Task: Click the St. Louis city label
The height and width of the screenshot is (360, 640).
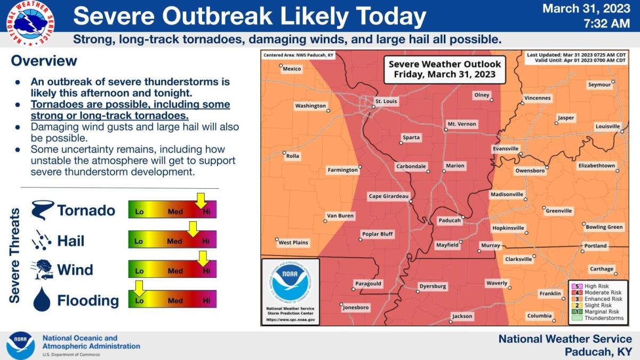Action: coord(387,101)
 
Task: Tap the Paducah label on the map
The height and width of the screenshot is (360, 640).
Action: coord(449,220)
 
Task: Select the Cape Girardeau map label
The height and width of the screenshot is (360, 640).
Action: coord(388,197)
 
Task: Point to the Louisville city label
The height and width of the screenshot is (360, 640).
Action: coord(607,126)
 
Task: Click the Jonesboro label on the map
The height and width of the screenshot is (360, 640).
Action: coord(356,308)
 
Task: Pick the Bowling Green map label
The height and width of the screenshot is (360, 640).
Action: coord(604,227)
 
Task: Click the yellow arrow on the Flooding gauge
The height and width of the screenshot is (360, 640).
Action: coord(139,289)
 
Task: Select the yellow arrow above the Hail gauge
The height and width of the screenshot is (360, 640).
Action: coord(193,229)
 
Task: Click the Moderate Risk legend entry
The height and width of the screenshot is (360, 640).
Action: coord(596,293)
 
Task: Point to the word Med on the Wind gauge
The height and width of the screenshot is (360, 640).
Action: coord(175,271)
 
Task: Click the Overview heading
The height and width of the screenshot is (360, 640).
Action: coord(44,61)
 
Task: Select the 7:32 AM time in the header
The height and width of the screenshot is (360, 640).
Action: coord(607,23)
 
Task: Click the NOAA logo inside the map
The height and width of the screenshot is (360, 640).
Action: coord(290,282)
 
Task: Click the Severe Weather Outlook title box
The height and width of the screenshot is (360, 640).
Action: coord(444,69)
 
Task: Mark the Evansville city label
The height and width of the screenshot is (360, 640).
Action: coord(506,148)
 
